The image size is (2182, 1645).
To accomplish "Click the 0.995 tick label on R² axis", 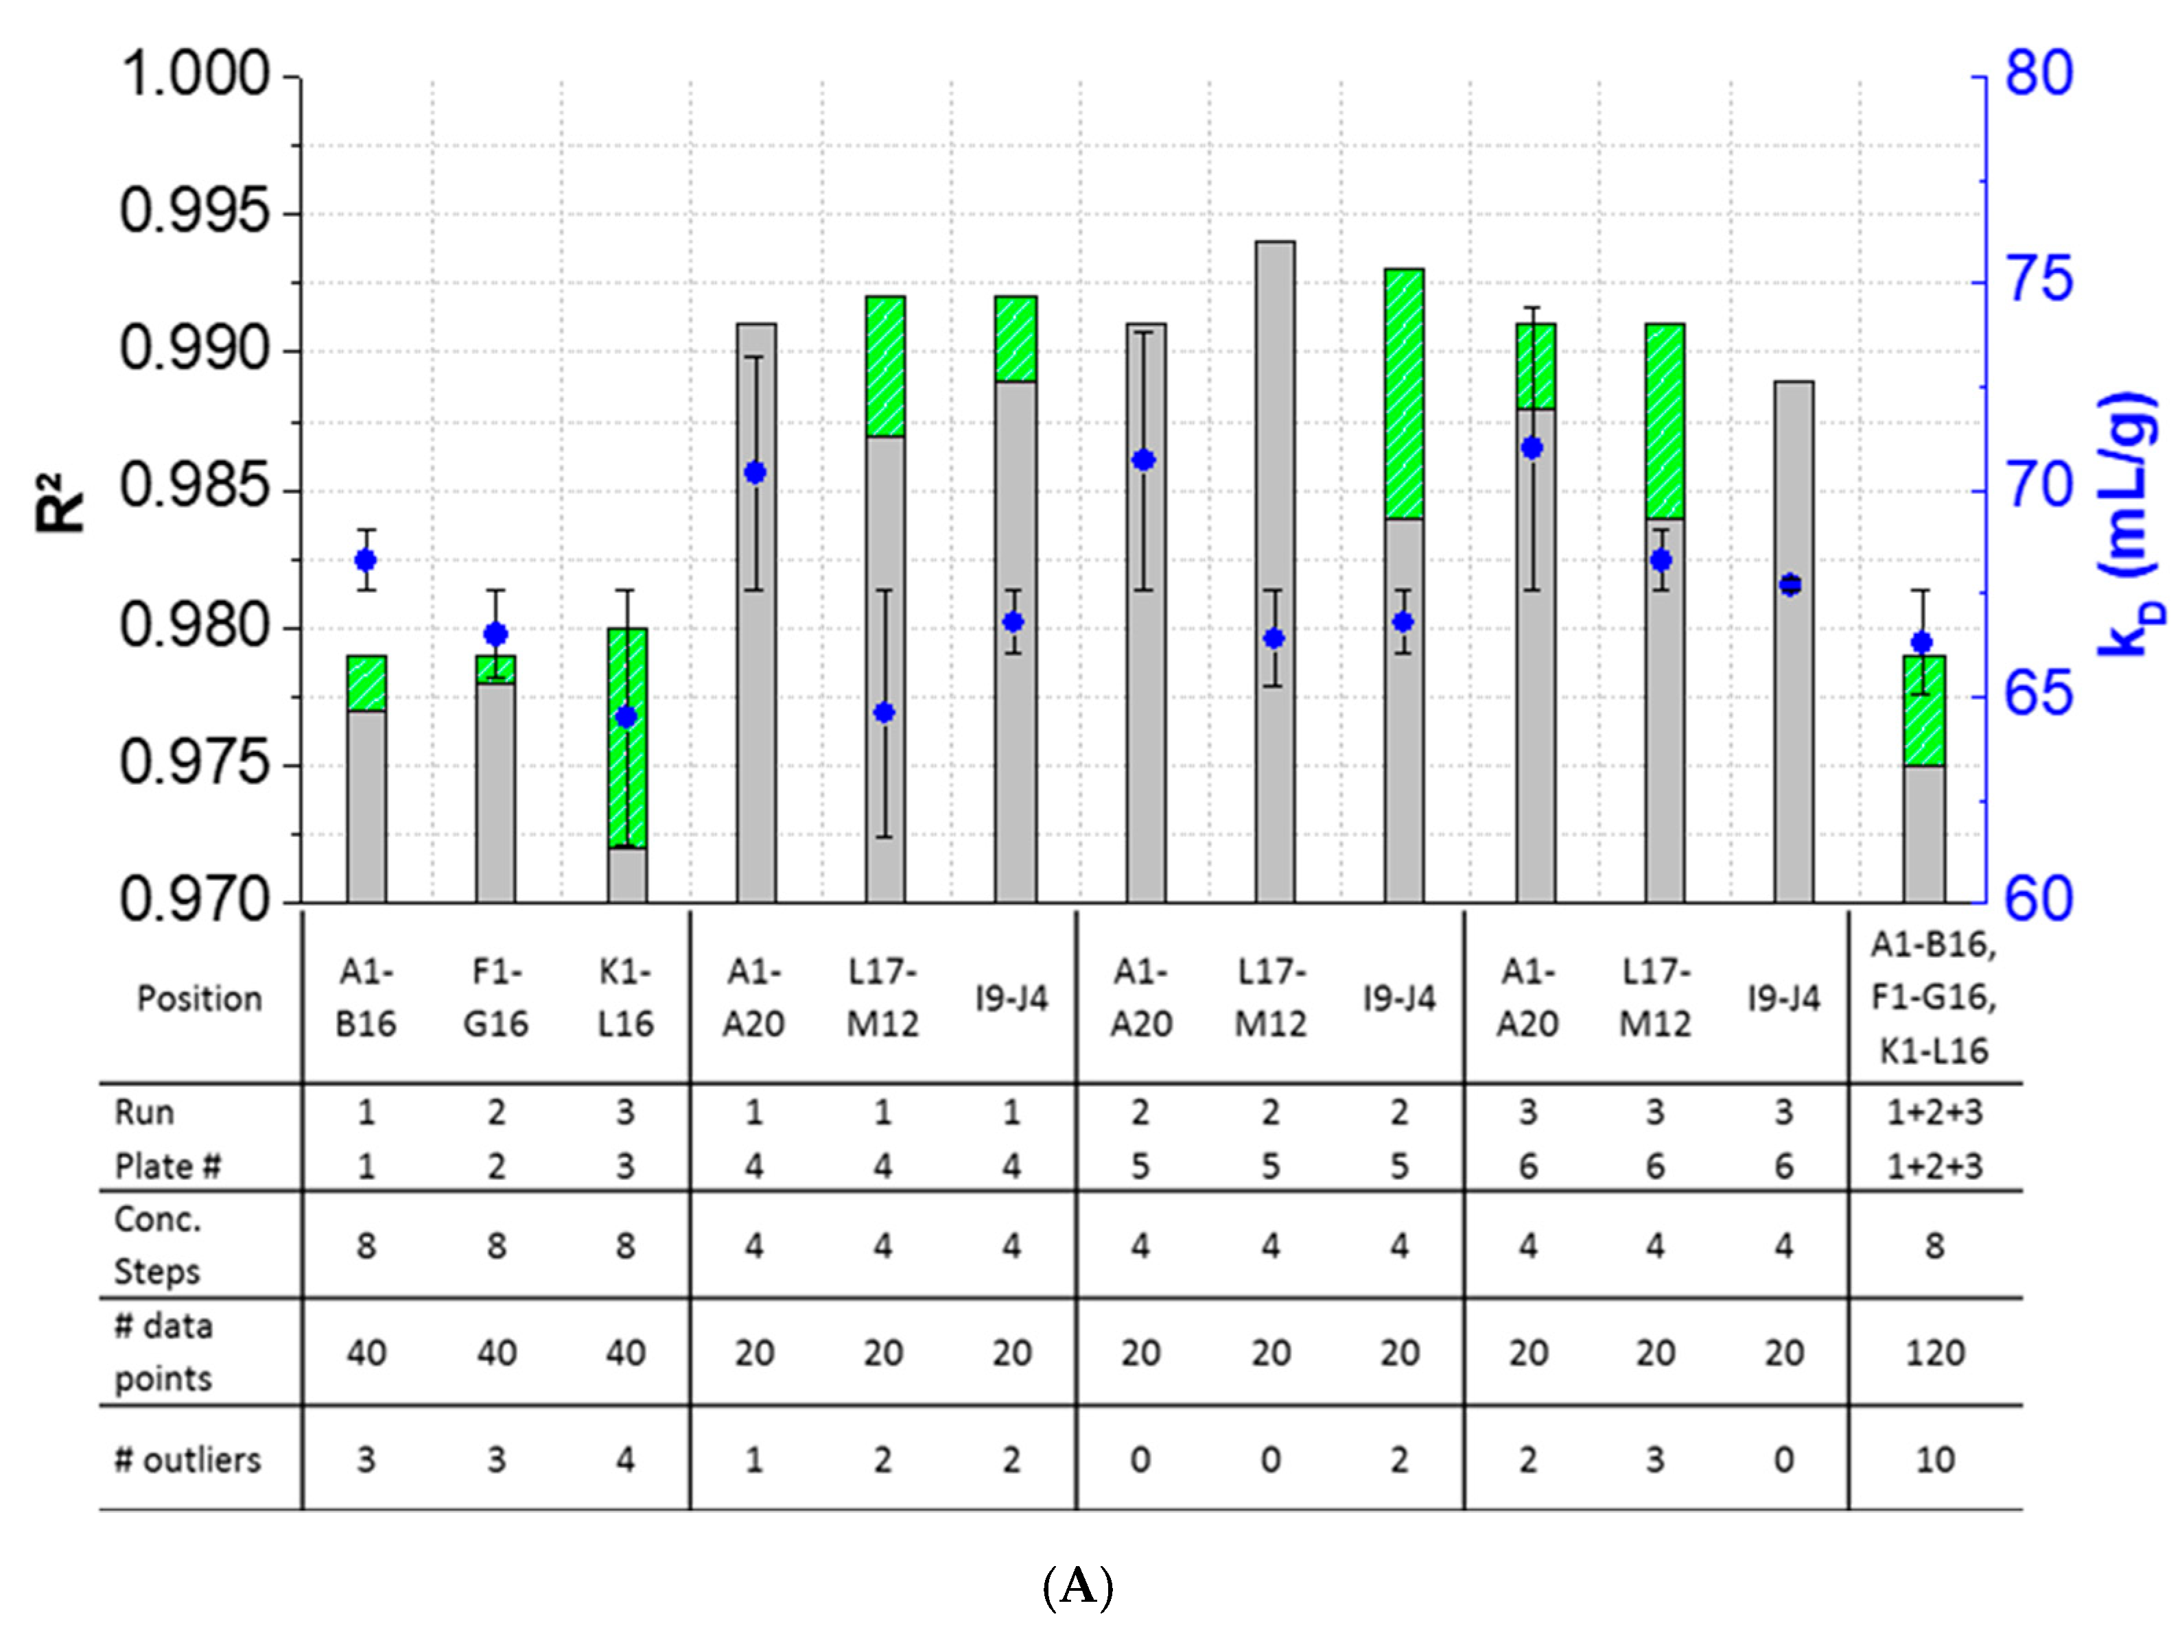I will pyautogui.click(x=193, y=212).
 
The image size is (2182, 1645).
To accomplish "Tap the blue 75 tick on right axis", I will pyautogui.click(x=2039, y=280).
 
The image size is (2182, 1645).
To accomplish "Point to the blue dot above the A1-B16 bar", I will pyautogui.click(x=366, y=561).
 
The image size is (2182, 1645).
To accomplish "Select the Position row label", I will pyautogui.click(x=199, y=999).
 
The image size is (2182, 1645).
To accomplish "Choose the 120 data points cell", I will pyautogui.click(x=1934, y=1353).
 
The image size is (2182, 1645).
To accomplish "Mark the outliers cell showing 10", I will pyautogui.click(x=1934, y=1460).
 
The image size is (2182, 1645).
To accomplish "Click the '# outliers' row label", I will pyautogui.click(x=187, y=1460).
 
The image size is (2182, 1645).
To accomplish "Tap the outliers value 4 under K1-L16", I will pyautogui.click(x=625, y=1460).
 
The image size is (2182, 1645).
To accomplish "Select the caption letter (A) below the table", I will pyautogui.click(x=1078, y=1587).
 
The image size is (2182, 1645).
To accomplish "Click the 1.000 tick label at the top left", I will pyautogui.click(x=193, y=75).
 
